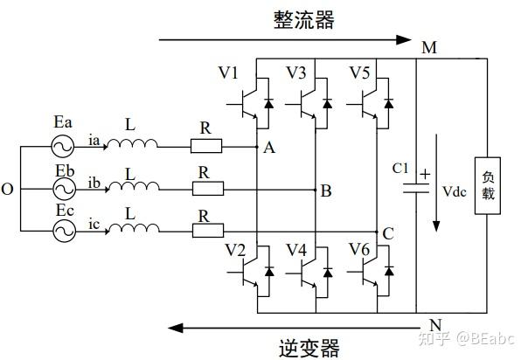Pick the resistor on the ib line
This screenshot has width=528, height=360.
[x=207, y=188]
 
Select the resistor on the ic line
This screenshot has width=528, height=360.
[x=207, y=231]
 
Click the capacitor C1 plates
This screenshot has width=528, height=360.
[x=416, y=186]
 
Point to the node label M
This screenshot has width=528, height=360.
[x=428, y=47]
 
